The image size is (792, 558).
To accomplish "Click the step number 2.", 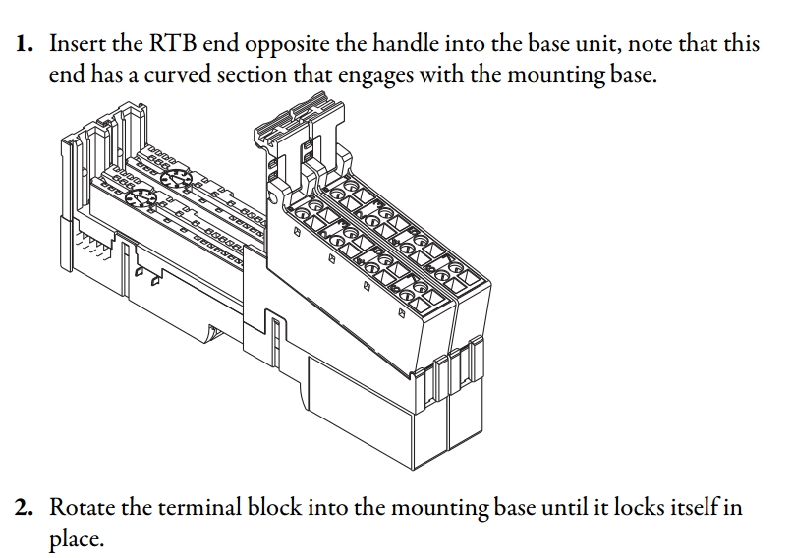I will [x=23, y=509].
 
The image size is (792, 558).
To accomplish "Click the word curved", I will [x=180, y=75].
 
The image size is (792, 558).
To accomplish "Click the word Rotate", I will [x=82, y=509].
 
